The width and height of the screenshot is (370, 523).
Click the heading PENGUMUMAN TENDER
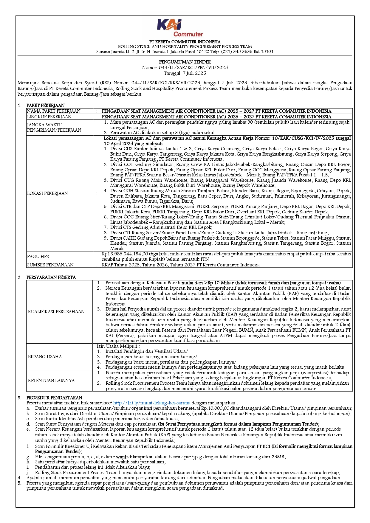click(x=185, y=62)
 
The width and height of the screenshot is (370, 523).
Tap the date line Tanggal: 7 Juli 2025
click(x=185, y=73)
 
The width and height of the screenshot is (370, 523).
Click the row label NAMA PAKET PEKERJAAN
click(x=54, y=111)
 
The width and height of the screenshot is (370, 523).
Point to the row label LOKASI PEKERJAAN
click(x=47, y=193)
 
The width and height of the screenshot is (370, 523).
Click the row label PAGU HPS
click(x=38, y=257)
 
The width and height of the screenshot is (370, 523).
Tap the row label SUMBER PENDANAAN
click(x=50, y=265)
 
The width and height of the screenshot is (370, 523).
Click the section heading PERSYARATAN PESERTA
click(x=51, y=277)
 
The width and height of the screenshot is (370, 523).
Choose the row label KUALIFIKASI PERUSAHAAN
click(x=56, y=312)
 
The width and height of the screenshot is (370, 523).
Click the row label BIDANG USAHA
click(x=45, y=357)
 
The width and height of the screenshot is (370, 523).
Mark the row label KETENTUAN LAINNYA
click(x=51, y=381)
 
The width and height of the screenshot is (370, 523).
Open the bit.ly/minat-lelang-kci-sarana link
click(x=152, y=403)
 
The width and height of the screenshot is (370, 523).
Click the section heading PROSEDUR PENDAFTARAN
click(x=54, y=398)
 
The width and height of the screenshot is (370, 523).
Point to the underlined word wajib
click(x=122, y=457)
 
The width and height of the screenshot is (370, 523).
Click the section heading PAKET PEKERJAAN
click(x=45, y=105)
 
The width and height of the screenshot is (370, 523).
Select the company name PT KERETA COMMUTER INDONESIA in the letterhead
click(x=185, y=42)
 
